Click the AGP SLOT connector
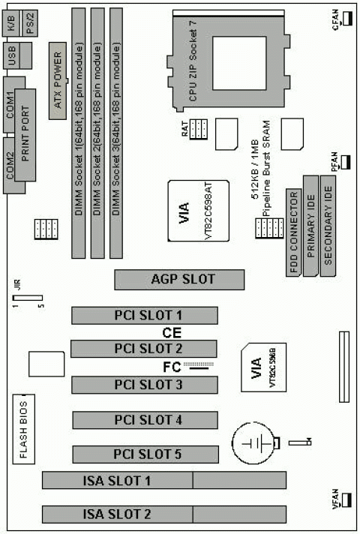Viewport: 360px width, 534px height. (179, 280)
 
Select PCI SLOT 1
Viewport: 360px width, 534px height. (144, 315)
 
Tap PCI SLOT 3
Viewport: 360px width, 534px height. (144, 385)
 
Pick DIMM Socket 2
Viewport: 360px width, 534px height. (97, 132)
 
